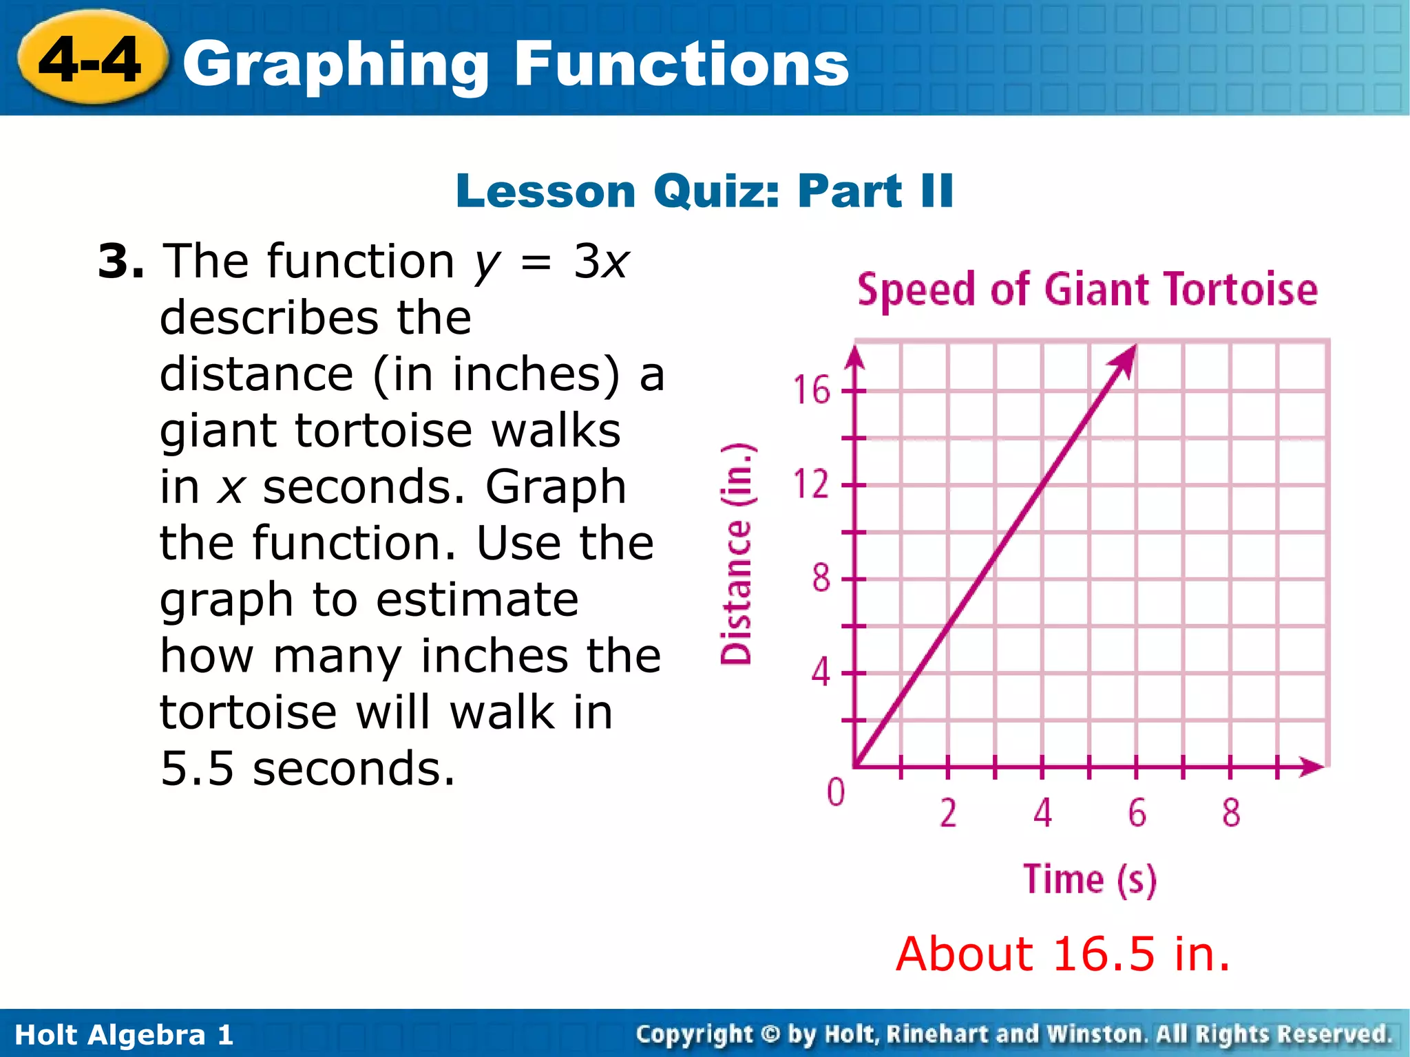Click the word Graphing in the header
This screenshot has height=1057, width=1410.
[335, 65]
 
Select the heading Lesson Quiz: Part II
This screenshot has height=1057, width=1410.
[704, 191]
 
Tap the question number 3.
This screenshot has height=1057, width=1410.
[120, 262]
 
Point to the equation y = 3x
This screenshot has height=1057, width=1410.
[551, 262]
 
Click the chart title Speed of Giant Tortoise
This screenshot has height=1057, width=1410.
[1087, 289]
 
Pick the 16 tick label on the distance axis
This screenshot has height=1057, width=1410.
[811, 390]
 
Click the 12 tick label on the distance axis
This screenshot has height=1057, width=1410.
[811, 484]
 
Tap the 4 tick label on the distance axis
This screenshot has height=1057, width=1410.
[820, 672]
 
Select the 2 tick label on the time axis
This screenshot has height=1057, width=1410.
[948, 813]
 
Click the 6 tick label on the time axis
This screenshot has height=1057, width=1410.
[1137, 813]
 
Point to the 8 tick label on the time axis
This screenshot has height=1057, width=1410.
[1231, 813]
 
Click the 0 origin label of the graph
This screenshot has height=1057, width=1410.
[835, 792]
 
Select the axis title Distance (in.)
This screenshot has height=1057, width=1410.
[736, 554]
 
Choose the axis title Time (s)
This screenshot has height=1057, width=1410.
[1089, 879]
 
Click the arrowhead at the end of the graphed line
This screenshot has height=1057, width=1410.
[1127, 359]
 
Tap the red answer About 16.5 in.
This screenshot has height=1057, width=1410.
[1062, 954]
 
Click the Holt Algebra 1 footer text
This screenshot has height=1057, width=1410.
[124, 1035]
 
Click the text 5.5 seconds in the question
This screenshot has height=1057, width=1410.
[308, 769]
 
